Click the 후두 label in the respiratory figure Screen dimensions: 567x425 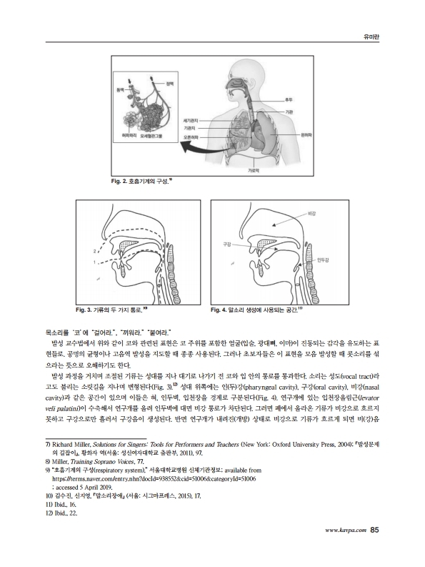290,100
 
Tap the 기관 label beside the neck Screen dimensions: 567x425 290,112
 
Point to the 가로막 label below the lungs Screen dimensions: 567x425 253,171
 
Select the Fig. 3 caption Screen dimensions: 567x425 111,310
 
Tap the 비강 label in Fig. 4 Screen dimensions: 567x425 311,214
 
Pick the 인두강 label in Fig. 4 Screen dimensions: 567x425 322,260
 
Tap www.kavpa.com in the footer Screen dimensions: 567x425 346,550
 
